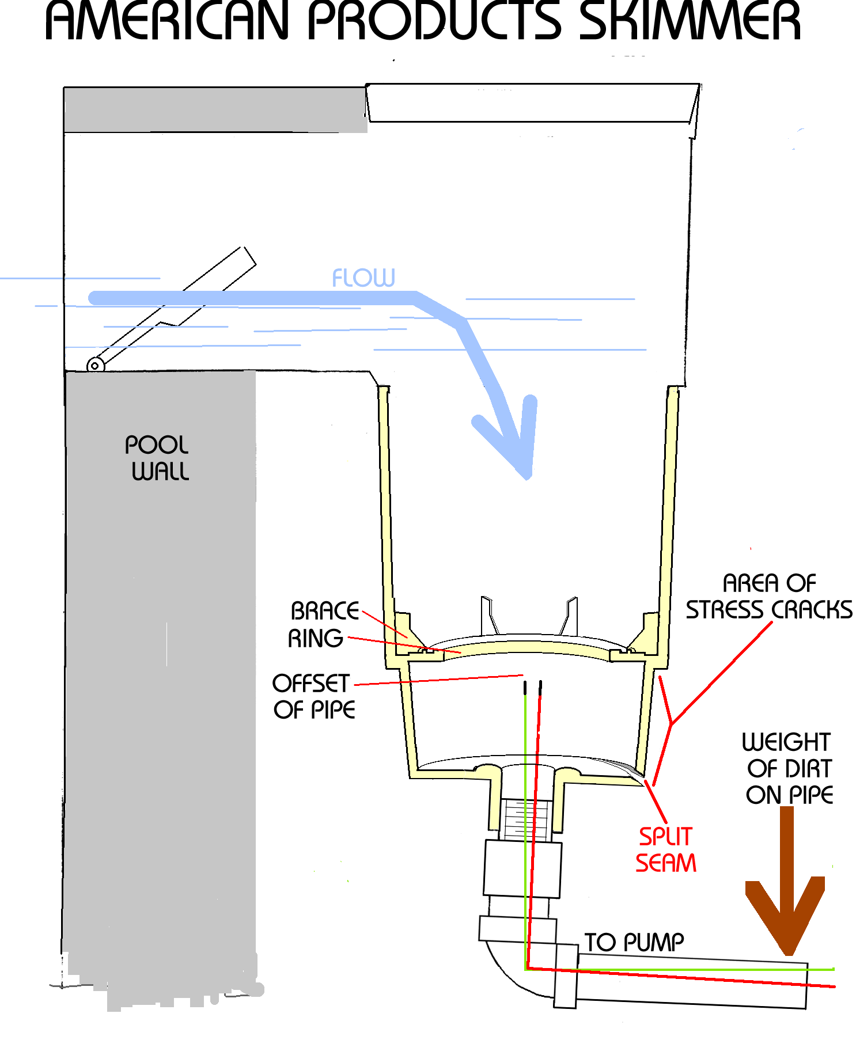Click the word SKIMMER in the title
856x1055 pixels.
coord(690,21)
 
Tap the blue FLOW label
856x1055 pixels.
coord(363,278)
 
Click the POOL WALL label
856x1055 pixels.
coord(157,458)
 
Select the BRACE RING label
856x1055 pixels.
coord(323,625)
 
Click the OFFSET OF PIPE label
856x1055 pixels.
coord(313,697)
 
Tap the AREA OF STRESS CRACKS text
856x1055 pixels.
coord(769,597)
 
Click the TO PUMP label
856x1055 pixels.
coord(634,943)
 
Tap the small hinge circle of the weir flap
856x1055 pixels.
coord(95,365)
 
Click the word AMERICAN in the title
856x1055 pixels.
coord(167,21)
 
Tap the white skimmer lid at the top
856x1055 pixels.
coord(530,103)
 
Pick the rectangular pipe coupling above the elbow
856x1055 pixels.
coord(522,868)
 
